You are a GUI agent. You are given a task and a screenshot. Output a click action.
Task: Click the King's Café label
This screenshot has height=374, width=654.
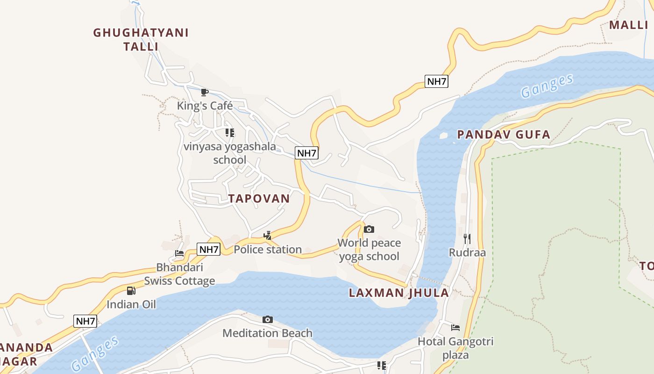tap(205, 106)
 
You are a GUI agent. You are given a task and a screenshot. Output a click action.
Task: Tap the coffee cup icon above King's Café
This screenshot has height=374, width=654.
tap(204, 92)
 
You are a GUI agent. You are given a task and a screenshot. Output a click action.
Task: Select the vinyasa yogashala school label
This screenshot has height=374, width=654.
tap(229, 153)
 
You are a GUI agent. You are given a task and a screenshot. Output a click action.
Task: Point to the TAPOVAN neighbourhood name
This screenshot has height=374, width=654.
tap(259, 198)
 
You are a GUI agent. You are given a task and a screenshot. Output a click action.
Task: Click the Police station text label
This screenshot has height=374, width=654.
tap(268, 250)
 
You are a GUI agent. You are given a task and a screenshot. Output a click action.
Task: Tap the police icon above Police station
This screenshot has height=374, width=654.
tap(268, 236)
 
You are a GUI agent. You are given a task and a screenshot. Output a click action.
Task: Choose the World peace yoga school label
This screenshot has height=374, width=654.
tap(369, 250)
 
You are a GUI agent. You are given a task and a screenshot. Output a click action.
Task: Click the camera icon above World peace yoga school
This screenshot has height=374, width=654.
tap(369, 229)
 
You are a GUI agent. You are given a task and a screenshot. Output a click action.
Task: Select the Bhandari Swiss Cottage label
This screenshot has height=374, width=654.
tap(179, 274)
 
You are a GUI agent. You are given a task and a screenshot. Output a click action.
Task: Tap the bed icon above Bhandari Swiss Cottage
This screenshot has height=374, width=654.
tap(179, 253)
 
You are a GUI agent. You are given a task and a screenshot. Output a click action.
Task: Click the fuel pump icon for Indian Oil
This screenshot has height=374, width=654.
tap(131, 291)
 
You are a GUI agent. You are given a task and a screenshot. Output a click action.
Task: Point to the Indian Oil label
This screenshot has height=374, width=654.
tap(131, 304)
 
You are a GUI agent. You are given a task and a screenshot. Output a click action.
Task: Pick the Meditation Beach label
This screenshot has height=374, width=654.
tap(267, 333)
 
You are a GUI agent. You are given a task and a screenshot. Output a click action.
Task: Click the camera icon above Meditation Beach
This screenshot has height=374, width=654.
tap(268, 319)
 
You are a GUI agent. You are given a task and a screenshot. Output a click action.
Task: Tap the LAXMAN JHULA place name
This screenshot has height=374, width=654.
tap(399, 293)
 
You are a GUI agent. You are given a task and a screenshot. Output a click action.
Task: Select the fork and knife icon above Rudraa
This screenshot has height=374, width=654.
tap(467, 239)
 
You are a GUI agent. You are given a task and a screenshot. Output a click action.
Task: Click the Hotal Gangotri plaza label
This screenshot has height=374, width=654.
tap(455, 348)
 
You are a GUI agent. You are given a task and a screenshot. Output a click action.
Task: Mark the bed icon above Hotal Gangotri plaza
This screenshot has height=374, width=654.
tap(455, 328)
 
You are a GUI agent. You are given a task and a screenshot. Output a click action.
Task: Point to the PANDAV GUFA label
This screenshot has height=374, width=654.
tap(504, 135)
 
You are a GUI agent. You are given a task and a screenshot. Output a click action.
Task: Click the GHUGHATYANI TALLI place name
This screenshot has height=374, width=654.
tap(141, 39)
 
